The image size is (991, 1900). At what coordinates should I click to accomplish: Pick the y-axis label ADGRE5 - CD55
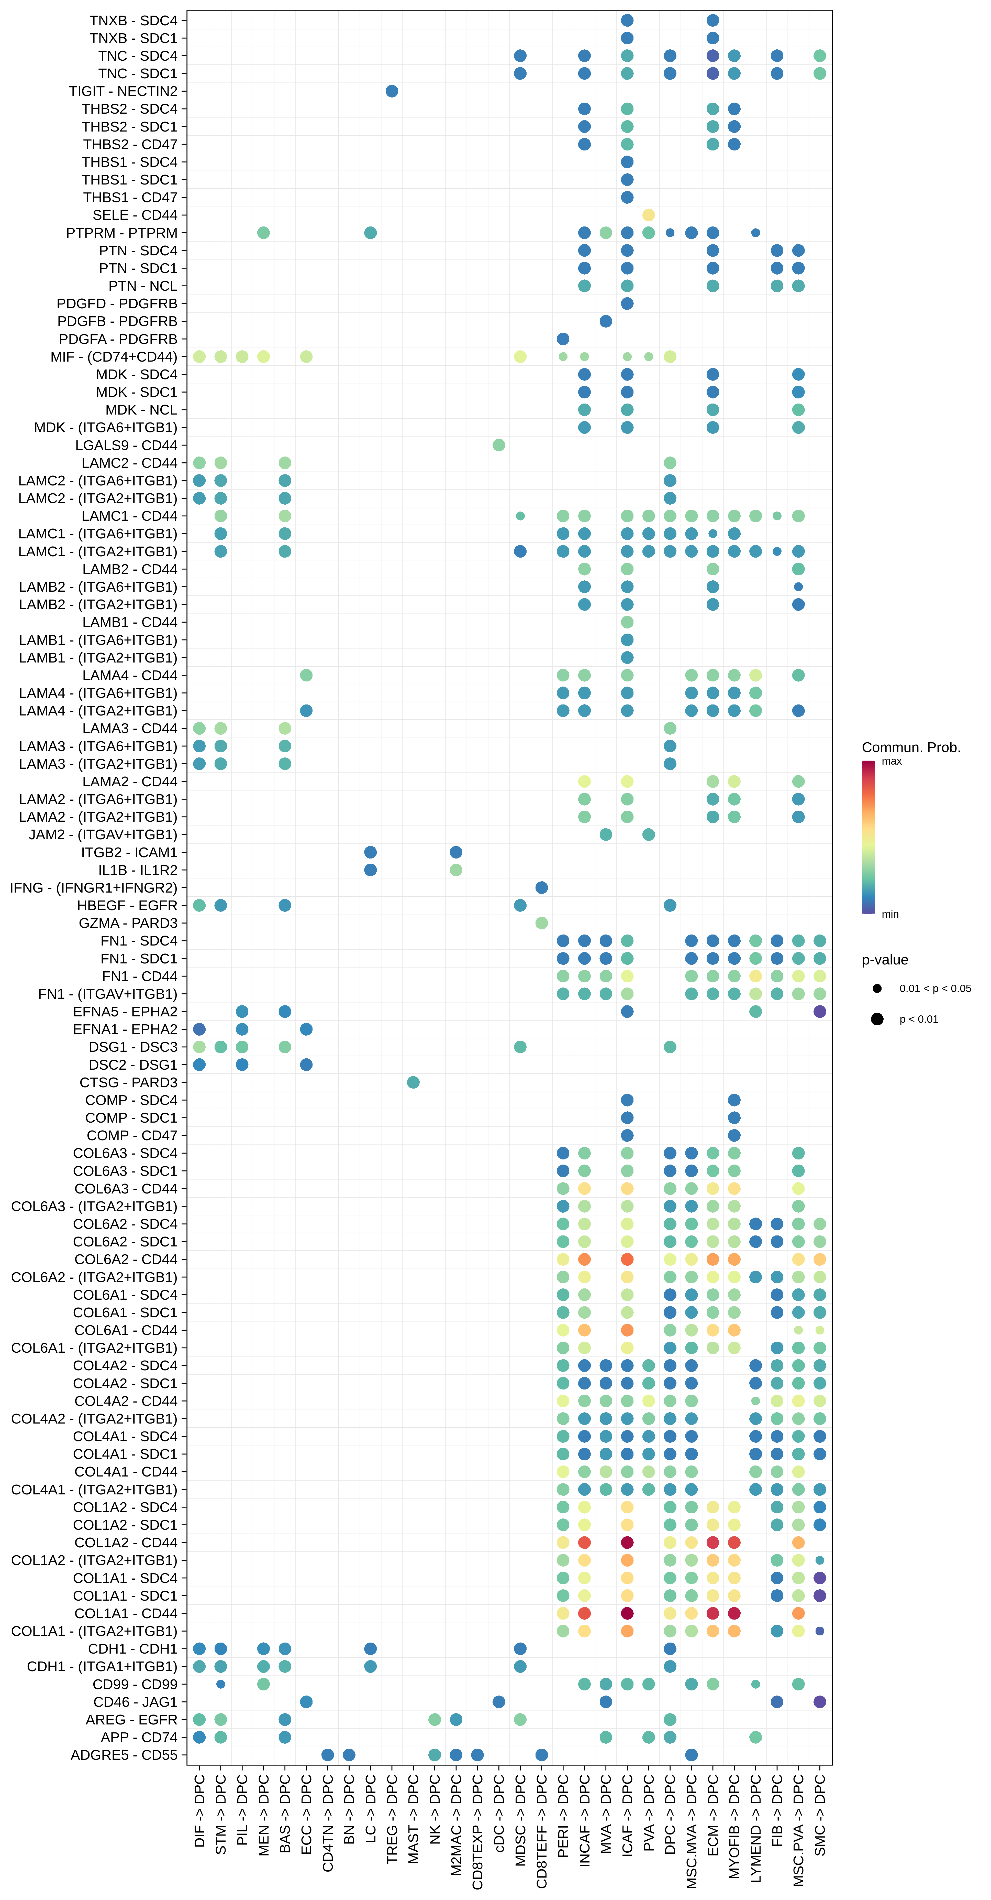click(124, 1755)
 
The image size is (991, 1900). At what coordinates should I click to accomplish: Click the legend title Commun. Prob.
click(911, 747)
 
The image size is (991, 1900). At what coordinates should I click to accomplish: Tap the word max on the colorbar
click(892, 761)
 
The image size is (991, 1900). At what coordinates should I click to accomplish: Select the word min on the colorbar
click(890, 914)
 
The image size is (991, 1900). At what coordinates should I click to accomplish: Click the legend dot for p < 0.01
click(877, 1019)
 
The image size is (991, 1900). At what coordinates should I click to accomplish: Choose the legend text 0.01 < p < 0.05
click(935, 988)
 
